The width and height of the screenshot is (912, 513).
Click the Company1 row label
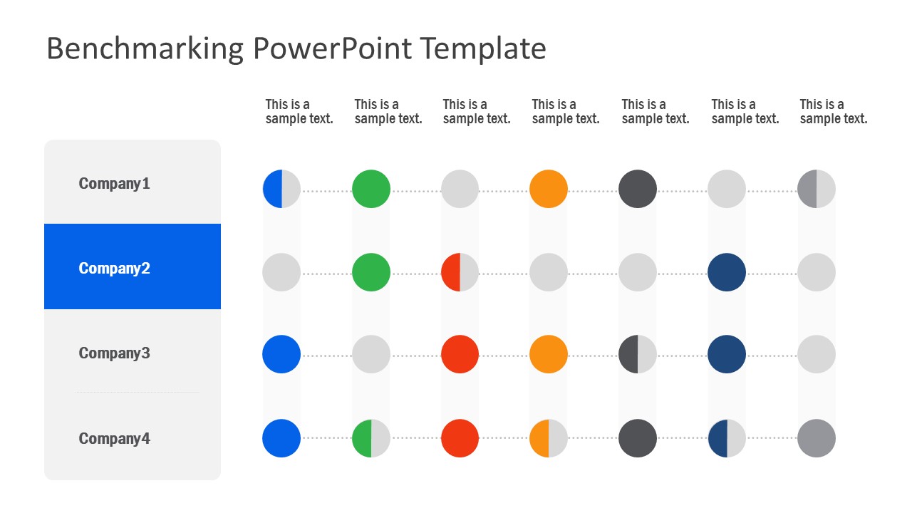coord(114,184)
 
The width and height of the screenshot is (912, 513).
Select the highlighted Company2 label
coord(114,269)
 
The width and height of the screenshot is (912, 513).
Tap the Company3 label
coord(114,353)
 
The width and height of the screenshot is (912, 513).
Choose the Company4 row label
coord(114,438)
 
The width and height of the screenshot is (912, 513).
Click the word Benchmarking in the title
coord(145,49)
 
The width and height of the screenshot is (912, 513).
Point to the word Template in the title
coord(483,49)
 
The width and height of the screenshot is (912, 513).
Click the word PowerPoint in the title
coord(332,48)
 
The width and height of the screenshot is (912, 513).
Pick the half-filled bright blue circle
coord(281,189)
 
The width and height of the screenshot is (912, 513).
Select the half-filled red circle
coord(460,272)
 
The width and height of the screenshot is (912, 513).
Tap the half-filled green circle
coord(371,438)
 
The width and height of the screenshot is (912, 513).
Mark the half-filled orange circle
coord(549,438)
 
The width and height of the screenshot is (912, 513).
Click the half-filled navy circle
coord(727,438)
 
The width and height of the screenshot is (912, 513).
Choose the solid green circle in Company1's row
coord(371,189)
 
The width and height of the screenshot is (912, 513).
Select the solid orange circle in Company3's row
coord(549,354)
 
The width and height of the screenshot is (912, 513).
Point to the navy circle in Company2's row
coord(727,272)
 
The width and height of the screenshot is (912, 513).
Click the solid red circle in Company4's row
coord(460,438)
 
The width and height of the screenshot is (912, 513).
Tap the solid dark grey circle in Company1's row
coord(638,189)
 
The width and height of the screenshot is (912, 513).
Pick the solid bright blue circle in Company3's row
coord(281,354)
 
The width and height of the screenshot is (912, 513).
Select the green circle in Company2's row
coord(371,272)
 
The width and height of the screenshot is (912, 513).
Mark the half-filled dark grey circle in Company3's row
coord(638,354)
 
